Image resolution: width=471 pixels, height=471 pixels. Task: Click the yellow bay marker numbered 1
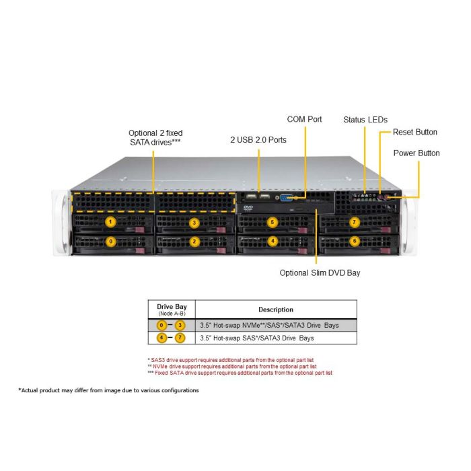[x=111, y=221]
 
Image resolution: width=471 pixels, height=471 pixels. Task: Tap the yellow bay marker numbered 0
[x=111, y=241]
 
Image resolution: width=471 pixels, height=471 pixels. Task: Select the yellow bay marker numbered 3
[x=194, y=221]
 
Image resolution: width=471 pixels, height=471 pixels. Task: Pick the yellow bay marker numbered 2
[x=194, y=241]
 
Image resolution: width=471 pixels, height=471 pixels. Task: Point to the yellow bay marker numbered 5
[x=273, y=221]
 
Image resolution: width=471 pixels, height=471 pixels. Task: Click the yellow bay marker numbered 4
[x=273, y=241]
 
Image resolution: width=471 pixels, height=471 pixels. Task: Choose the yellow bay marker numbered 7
[x=355, y=221]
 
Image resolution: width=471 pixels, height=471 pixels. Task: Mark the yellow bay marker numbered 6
[x=355, y=241]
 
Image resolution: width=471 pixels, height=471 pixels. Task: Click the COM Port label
[x=304, y=120]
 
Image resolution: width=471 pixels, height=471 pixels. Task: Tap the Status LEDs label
[x=365, y=120]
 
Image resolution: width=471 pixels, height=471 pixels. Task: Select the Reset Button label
[x=415, y=132]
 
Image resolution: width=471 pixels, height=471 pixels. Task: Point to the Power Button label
[x=416, y=153]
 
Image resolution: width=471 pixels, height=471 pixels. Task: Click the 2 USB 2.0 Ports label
[x=258, y=140]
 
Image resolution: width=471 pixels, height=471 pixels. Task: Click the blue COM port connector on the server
[x=287, y=198]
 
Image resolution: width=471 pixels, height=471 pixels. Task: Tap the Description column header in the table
[x=276, y=310]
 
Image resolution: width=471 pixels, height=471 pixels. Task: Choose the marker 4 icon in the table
[x=162, y=338]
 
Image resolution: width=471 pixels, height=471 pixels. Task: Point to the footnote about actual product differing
[x=108, y=390]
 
